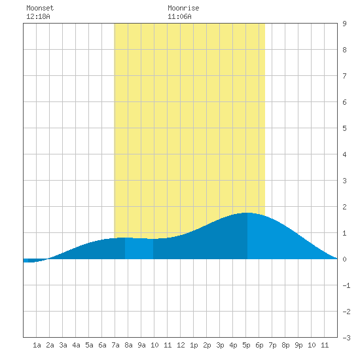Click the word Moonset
pos(40,8)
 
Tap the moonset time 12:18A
pos(38,16)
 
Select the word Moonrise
pos(183,8)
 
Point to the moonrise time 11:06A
pos(179,16)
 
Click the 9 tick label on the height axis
pos(344,24)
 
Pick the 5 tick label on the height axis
pos(344,128)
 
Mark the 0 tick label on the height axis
pos(344,259)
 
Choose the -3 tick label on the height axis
pos(346,338)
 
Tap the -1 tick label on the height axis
pos(346,285)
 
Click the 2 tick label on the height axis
pos(344,207)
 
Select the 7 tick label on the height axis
pos(344,76)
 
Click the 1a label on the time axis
pos(37,345)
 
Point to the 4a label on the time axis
pos(76,345)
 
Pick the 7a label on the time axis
pos(115,345)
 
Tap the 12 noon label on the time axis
pos(181,345)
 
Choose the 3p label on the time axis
pos(220,345)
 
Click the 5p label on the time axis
pos(246,345)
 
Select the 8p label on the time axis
pos(285,345)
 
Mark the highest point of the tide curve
pos(247,213)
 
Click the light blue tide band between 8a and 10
pos(139,249)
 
